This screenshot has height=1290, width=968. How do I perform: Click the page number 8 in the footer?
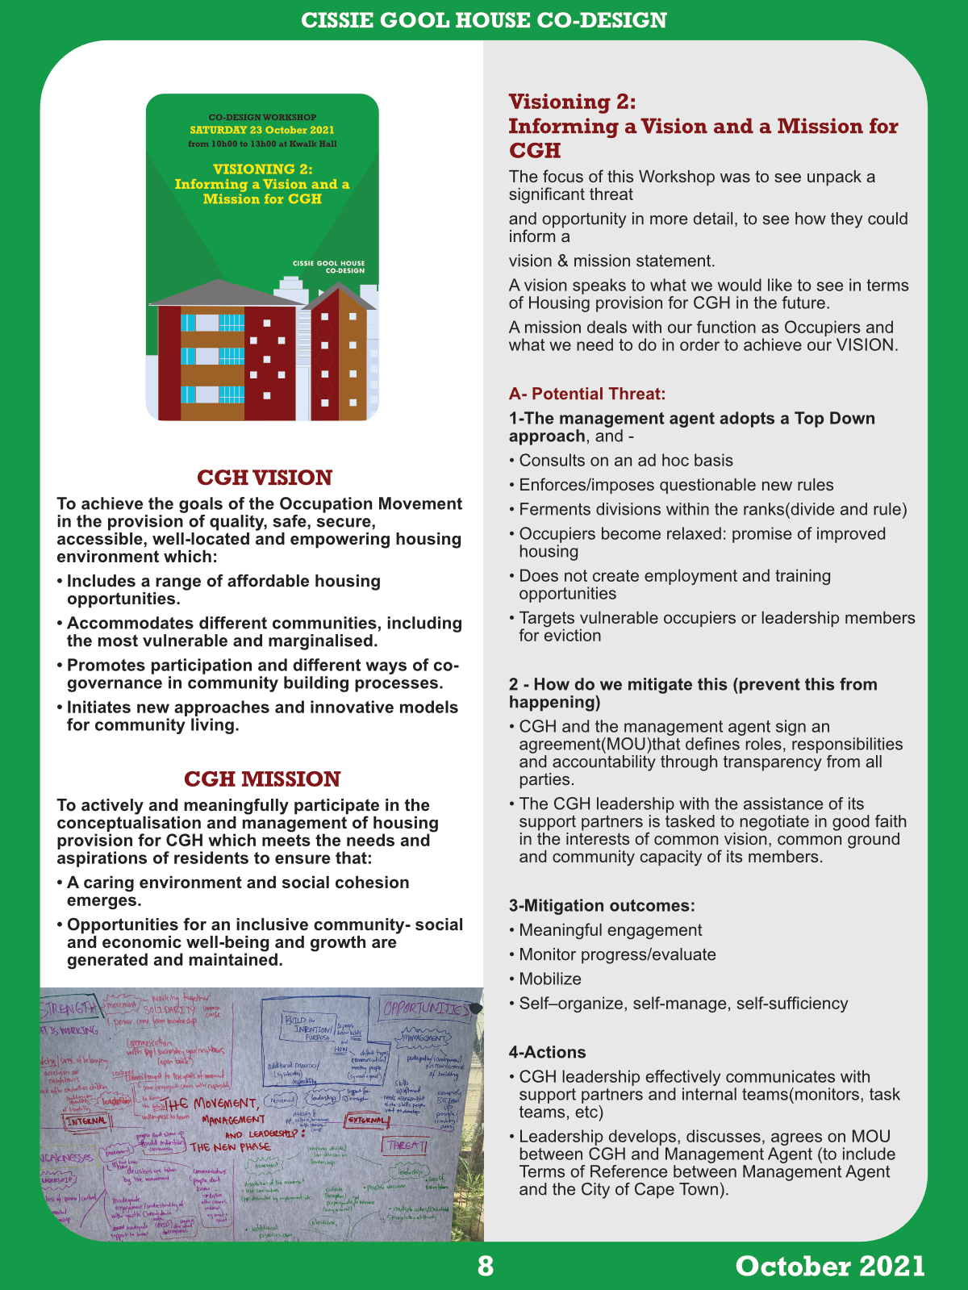[x=485, y=1266]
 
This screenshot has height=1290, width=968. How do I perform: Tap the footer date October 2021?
[x=830, y=1266]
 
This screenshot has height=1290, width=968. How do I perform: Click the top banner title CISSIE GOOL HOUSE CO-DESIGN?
[x=484, y=20]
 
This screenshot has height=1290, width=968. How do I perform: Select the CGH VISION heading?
[x=265, y=478]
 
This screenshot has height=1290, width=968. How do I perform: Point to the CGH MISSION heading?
[x=262, y=779]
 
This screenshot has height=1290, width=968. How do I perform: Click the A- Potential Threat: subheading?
[x=587, y=394]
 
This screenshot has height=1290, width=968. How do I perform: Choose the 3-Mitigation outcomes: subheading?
[x=602, y=905]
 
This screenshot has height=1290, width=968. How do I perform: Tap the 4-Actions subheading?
[x=548, y=1052]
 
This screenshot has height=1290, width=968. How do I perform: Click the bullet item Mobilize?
[x=550, y=979]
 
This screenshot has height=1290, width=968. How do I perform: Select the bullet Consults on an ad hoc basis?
[x=626, y=461]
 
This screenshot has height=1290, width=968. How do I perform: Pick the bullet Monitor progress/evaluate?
[x=617, y=954]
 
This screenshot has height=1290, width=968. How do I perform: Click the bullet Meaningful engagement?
[x=611, y=930]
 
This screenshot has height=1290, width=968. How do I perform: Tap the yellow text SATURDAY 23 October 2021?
[x=262, y=130]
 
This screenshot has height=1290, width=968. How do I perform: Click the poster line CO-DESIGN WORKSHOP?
[x=262, y=117]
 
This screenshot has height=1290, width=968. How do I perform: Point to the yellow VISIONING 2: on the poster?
[x=262, y=169]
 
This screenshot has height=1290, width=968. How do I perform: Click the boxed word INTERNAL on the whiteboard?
[x=86, y=1121]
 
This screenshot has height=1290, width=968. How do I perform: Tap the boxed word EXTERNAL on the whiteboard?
[x=366, y=1120]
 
